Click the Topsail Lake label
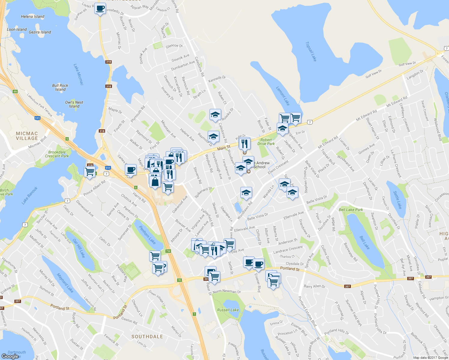coord(311,51)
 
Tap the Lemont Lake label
coord(283,96)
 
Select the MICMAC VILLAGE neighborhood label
coord(27,136)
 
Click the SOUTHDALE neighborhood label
coord(147,337)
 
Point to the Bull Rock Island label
coord(60,87)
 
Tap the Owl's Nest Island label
coord(74,104)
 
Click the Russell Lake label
coord(228,310)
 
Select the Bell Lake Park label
coord(351,210)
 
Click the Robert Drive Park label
coord(266,142)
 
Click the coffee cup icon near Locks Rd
coord(100,8)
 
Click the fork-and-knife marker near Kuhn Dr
coord(245,144)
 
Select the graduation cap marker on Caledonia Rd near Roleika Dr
coord(215,115)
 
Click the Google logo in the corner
coord(10,356)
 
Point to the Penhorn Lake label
coord(147,235)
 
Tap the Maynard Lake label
coord(65,283)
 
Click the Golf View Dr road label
coord(407,64)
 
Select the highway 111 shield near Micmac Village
coord(37,118)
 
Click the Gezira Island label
coord(40,32)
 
